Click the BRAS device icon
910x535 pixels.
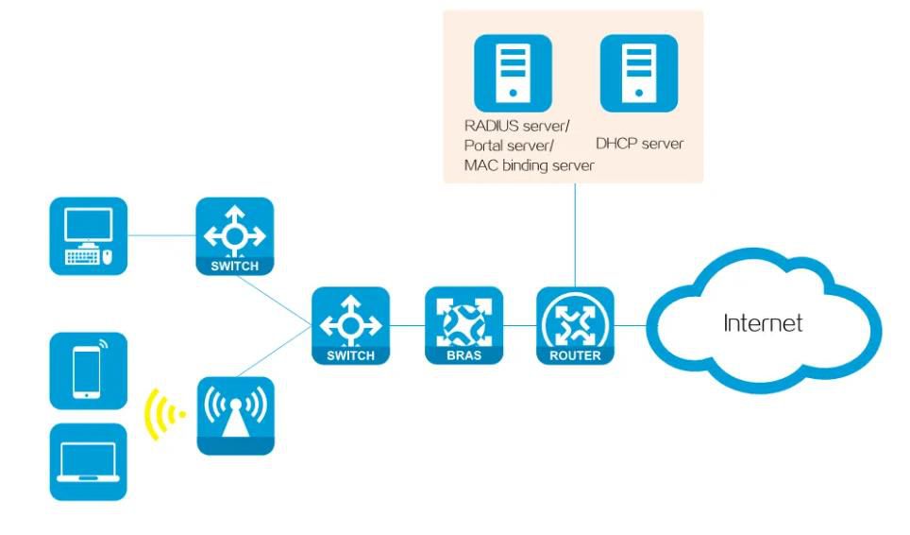[463, 325]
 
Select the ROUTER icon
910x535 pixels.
[576, 325]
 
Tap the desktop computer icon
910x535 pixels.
[88, 235]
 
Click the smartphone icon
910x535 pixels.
[88, 370]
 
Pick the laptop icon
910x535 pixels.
[88, 461]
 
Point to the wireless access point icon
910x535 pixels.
[235, 415]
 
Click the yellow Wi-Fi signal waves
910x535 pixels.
[161, 415]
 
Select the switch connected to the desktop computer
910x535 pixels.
[235, 235]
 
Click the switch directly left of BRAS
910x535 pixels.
[350, 325]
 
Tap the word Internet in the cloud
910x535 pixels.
[763, 323]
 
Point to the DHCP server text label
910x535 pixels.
[639, 145]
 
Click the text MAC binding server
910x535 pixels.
[529, 165]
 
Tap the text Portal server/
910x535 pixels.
[509, 146]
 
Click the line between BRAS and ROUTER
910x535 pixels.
[520, 325]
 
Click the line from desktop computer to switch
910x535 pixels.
[161, 234]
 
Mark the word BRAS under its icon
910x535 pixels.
[463, 355]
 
